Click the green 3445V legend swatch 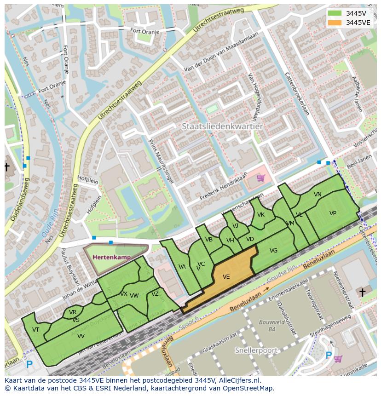[x=335, y=13]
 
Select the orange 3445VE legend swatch [x=335, y=23]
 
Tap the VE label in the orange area [x=226, y=277]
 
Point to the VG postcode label [x=273, y=251]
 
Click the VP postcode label [x=333, y=213]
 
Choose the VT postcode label [x=35, y=330]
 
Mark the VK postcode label [x=261, y=215]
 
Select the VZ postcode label [x=155, y=294]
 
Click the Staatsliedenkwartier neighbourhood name [x=222, y=126]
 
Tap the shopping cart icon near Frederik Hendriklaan [x=261, y=178]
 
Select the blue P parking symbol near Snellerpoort [x=329, y=356]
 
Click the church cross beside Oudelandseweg [x=7, y=166]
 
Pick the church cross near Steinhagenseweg [x=362, y=292]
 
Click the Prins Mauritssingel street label [x=162, y=161]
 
